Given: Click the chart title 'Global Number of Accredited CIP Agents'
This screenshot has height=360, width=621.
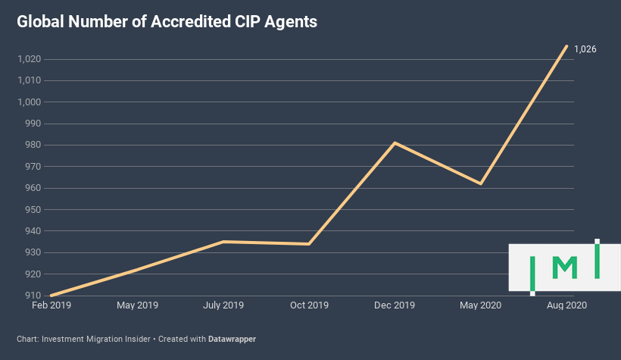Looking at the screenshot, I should point(167,23).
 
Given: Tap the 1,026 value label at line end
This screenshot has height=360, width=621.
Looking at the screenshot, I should point(585,49).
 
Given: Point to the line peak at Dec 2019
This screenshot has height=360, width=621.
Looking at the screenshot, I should point(395,142).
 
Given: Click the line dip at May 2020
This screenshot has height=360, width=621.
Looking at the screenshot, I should point(480,183).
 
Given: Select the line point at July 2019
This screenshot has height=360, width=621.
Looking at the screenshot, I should point(223,242).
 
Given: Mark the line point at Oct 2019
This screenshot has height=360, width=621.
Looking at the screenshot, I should point(309,244).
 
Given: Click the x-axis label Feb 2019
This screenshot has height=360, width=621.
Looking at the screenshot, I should point(51,306).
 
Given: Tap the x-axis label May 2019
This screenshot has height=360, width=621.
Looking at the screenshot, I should point(137,306).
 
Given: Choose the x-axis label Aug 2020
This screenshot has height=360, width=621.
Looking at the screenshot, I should point(566,306).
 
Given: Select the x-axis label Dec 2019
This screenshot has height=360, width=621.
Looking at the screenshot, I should point(395,306).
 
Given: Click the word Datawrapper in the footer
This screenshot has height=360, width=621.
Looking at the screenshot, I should point(232,339).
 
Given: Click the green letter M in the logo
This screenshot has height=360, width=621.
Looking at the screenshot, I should point(565,268).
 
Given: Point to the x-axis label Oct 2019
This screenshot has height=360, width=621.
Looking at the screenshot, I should point(309,306).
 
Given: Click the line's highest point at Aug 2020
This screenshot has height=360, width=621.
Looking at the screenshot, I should point(566,46).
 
